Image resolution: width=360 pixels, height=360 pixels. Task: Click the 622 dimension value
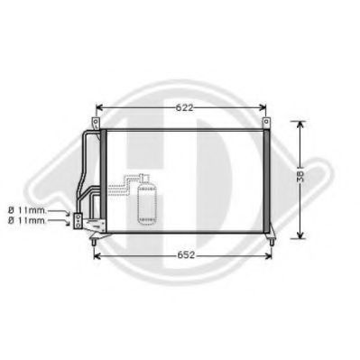tap(184, 108)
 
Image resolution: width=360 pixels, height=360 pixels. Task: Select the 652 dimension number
tap(184, 255)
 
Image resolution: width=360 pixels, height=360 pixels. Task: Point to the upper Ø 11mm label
tap(24, 210)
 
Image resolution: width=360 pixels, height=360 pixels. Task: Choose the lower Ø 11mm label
tap(24, 220)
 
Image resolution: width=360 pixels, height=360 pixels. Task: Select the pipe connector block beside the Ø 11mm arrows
tap(78, 218)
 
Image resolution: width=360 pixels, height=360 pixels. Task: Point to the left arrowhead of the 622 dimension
tap(100, 108)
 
